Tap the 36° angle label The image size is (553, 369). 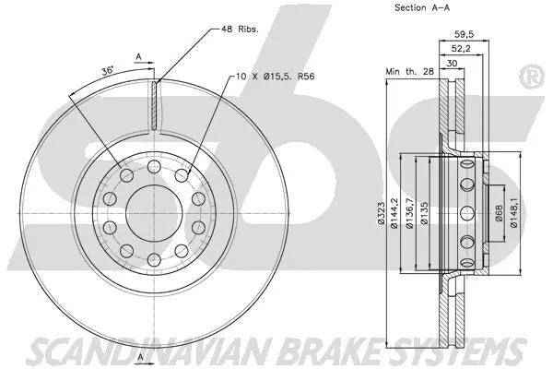click(106, 70)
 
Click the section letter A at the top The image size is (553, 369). click(139, 56)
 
